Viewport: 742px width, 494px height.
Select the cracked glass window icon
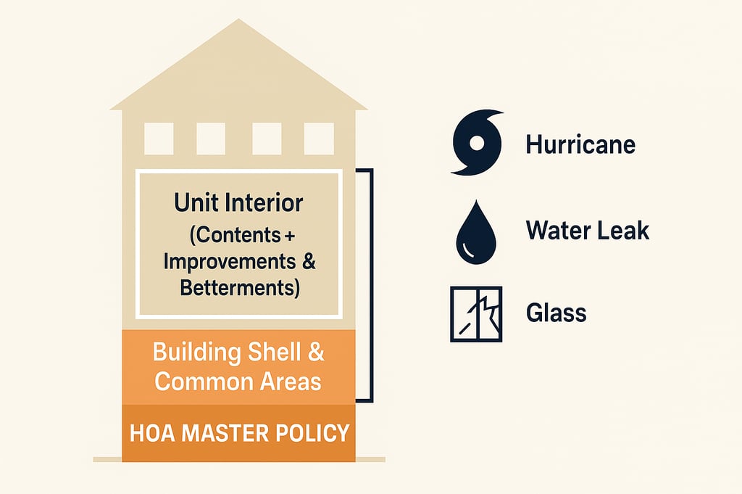tap(475, 314)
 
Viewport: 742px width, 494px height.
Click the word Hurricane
tap(580, 144)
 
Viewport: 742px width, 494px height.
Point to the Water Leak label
tap(587, 231)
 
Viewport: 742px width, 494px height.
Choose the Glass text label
tap(556, 313)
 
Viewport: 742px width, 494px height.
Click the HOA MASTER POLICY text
tap(239, 434)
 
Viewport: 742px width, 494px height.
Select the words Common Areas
tap(238, 381)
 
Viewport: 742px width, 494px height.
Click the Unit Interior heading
tap(238, 202)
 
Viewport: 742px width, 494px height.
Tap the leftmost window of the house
tap(159, 139)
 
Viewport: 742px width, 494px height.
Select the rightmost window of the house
tap(319, 139)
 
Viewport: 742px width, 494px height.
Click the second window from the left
tap(211, 139)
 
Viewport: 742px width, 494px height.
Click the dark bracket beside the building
tap(370, 285)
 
